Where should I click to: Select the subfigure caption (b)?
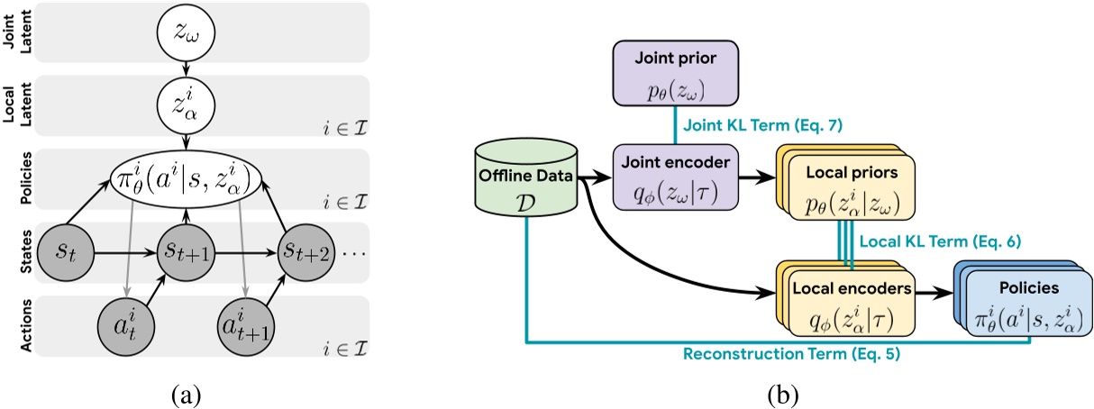[780, 393]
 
